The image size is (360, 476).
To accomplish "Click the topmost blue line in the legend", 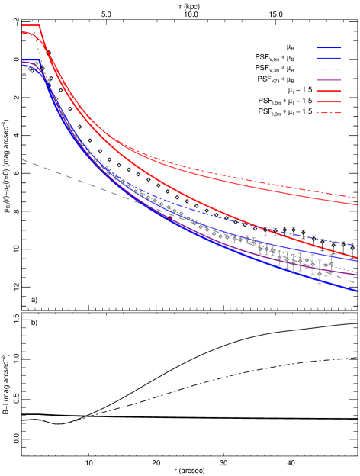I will point(329,47).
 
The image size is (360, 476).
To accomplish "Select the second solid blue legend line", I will point(329,58).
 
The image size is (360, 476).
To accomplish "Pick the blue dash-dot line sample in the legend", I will point(329,69).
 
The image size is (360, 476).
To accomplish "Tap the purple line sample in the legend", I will point(329,80).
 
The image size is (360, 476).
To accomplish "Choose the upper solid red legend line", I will point(329,91).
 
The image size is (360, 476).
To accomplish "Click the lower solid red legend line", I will point(329,101).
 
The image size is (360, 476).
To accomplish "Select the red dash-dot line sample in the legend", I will point(329,113).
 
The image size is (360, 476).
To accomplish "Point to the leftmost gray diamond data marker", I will point(24,75).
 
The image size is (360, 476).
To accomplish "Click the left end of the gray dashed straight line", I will point(22,159).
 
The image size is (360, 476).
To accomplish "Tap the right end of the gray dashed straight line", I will point(357,284).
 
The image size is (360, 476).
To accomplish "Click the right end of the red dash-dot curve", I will point(358,197).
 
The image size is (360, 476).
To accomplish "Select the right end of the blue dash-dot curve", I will point(358,245).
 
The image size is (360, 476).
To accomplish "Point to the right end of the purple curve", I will point(358,275).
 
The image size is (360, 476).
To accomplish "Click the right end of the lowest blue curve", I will point(358,291).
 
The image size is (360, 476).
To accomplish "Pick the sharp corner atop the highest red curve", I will point(39,26).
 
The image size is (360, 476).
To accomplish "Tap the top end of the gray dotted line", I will point(32,20).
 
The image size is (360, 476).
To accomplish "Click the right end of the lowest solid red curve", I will point(358,259).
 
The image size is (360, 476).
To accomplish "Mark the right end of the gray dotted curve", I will point(358,271).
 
